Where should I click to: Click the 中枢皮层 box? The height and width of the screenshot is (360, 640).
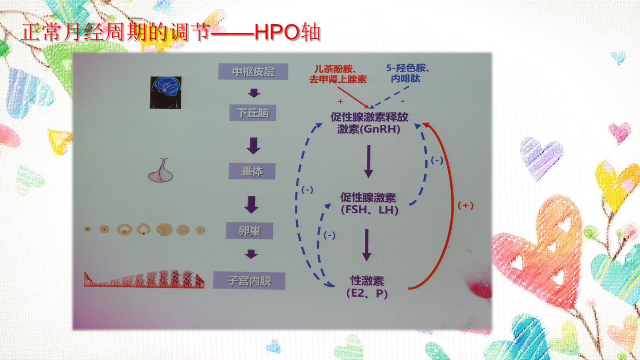[253, 71]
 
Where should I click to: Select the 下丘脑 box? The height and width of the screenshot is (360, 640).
[253, 113]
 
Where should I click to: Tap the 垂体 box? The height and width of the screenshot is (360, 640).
[252, 171]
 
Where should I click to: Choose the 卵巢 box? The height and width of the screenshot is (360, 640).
[249, 231]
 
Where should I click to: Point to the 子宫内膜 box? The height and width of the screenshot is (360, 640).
[249, 281]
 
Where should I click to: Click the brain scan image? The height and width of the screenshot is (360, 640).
[165, 92]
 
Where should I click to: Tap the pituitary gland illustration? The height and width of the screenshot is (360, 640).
[161, 170]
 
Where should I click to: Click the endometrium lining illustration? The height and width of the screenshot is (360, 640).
[144, 279]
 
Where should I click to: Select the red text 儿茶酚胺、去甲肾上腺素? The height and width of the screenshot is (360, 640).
[338, 74]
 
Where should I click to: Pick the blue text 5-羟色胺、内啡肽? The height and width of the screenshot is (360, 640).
[407, 73]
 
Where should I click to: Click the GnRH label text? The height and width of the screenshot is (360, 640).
[369, 123]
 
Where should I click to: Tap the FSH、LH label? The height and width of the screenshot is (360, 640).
[369, 204]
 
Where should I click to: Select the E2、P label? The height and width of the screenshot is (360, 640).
[367, 287]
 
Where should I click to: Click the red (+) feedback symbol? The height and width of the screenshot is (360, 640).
[465, 205]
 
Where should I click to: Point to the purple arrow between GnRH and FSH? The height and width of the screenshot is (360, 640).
[369, 161]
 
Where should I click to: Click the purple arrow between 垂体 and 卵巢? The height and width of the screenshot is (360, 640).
[251, 205]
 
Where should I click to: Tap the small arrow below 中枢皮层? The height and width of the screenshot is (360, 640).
[254, 93]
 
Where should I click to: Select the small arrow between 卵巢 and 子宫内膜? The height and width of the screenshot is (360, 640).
[251, 254]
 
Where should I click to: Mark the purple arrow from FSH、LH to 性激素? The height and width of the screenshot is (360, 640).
[367, 245]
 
